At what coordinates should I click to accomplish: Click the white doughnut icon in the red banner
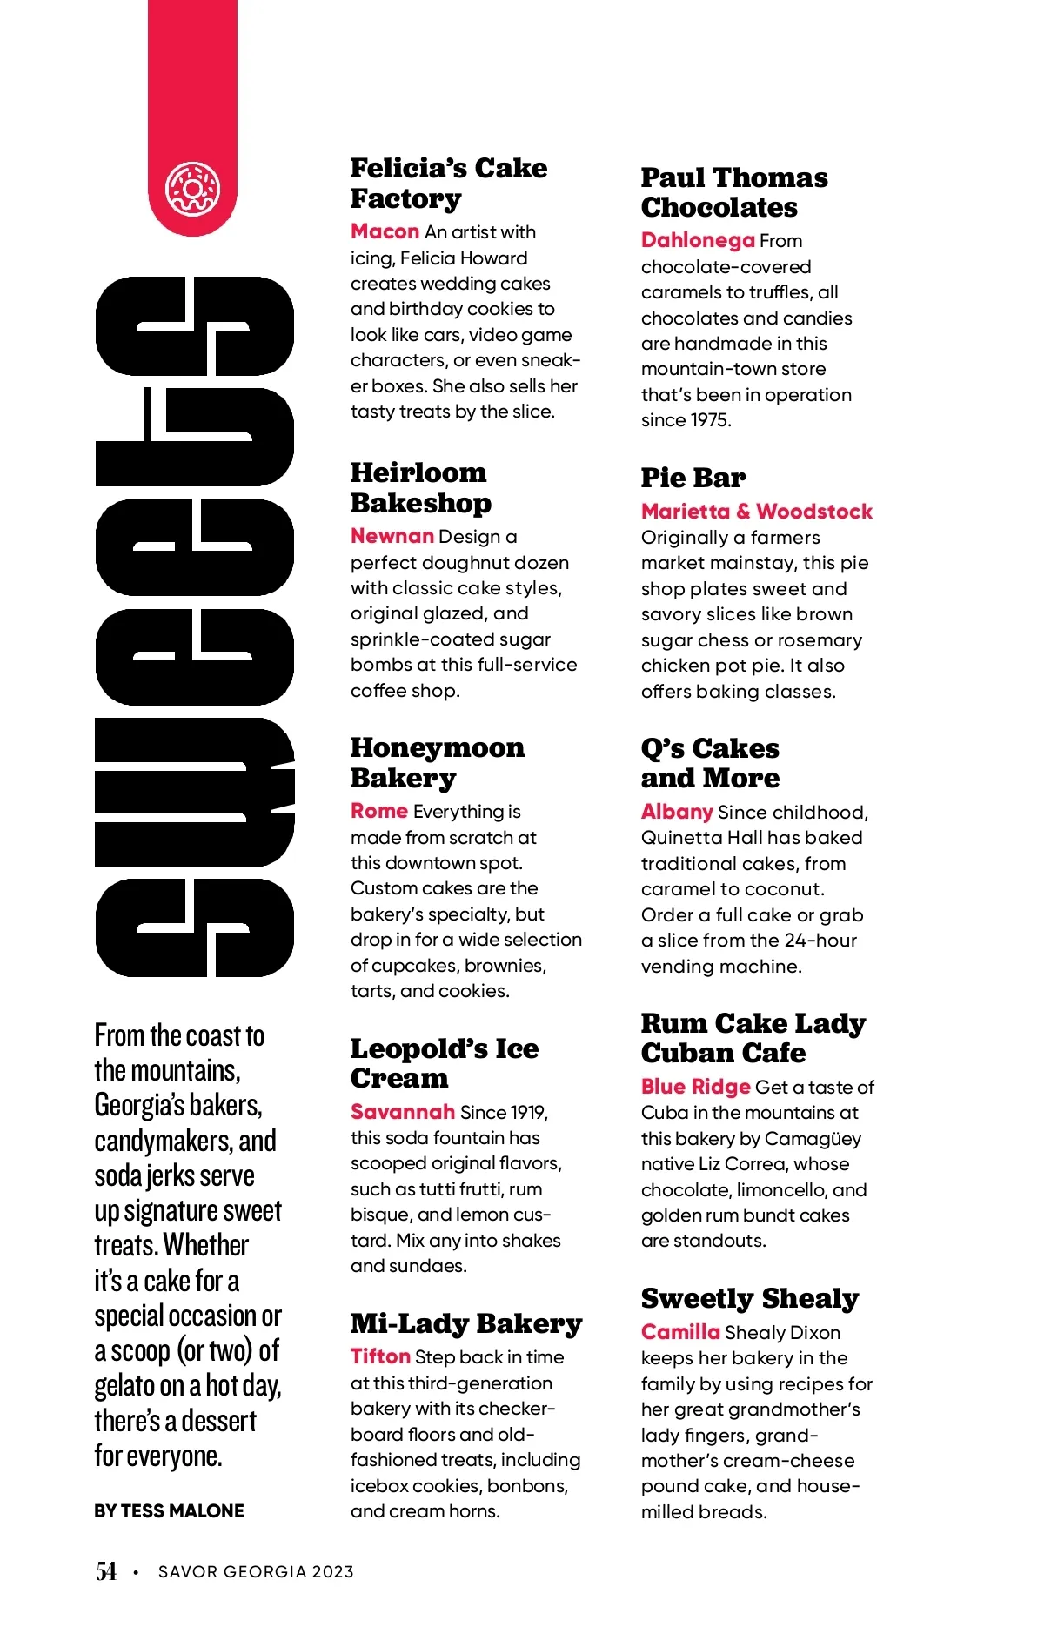point(192,189)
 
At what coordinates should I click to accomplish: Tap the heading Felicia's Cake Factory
point(448,183)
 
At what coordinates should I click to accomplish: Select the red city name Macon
point(385,231)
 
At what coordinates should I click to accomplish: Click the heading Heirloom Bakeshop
point(420,487)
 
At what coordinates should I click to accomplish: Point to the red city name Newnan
point(391,536)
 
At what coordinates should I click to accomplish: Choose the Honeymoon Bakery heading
point(437,762)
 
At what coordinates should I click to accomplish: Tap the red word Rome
point(378,811)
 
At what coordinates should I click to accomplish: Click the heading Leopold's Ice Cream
point(444,1063)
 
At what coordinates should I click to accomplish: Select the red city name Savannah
point(402,1112)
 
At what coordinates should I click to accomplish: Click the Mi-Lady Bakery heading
point(465,1323)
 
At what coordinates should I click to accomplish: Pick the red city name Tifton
point(380,1356)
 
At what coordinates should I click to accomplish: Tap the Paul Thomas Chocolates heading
point(733,192)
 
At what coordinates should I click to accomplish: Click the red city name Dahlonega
point(697,240)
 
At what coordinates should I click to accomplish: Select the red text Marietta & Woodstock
point(756,512)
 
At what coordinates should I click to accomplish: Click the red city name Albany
point(676,812)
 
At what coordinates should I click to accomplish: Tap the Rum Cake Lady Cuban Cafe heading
point(753,1038)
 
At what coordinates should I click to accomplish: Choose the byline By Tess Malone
point(169,1511)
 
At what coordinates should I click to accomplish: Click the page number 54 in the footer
point(106,1571)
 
